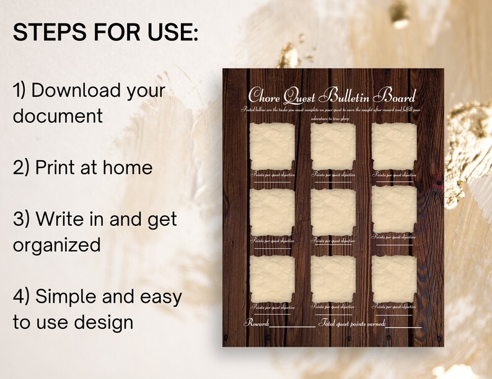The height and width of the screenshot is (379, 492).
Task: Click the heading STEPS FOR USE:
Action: coord(105,33)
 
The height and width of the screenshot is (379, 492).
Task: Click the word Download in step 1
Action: coord(77,91)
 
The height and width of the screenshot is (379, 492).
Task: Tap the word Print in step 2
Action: coord(54,167)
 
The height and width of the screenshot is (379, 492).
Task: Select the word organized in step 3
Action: coord(56,245)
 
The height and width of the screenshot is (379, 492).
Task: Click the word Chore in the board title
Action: coord(265,96)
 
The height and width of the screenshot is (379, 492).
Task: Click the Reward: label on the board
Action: coord(257,323)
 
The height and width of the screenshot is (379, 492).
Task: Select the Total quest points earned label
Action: coord(352,323)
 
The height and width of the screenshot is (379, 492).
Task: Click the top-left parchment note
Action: coord(272,146)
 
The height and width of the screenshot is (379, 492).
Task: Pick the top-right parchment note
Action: coord(393,146)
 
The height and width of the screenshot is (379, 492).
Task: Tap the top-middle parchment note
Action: coord(333,146)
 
